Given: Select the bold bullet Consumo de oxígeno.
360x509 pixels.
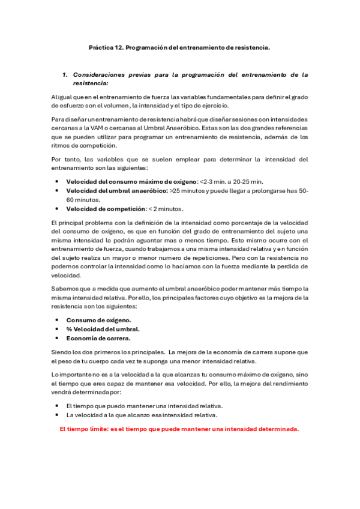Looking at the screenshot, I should pyautogui.click(x=98, y=320).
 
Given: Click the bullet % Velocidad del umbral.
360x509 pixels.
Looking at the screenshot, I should pyautogui.click(x=103, y=329).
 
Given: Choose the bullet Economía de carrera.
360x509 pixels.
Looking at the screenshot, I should pyautogui.click(x=98, y=338).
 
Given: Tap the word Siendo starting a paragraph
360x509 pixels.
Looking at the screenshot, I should pyautogui.click(x=62, y=351).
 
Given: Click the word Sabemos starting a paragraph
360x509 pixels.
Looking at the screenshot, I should pyautogui.click(x=65, y=289).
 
